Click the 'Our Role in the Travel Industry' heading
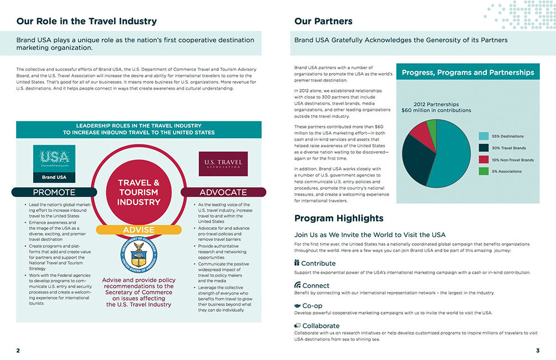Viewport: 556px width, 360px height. [x=86, y=22]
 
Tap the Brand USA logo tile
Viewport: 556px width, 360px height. [x=54, y=164]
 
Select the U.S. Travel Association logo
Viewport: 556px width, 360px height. [x=223, y=163]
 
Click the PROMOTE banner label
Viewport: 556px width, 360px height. [x=54, y=192]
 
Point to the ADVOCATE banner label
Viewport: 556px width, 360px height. [x=223, y=192]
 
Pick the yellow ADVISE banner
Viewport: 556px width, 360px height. [x=138, y=229]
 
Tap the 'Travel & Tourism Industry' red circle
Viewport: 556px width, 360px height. [x=138, y=192]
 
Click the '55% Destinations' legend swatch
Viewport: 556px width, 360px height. [x=483, y=136]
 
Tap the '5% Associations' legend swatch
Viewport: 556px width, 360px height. [x=483, y=171]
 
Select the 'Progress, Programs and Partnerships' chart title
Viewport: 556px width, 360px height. [x=468, y=73]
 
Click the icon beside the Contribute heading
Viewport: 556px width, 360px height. [x=297, y=263]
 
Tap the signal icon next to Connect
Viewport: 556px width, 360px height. [x=297, y=285]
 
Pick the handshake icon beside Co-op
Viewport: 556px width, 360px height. [x=297, y=305]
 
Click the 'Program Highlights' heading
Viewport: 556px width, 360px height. [x=338, y=218]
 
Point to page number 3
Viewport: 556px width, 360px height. [x=537, y=351]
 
